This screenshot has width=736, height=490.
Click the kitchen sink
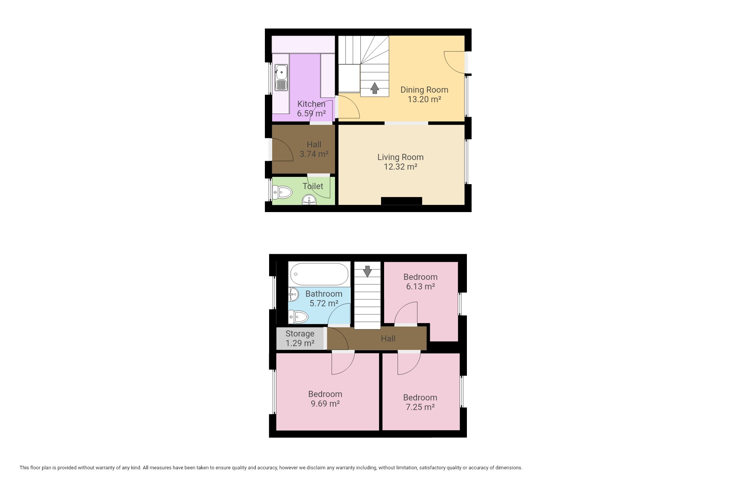281,77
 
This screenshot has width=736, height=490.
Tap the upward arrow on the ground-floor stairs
375,88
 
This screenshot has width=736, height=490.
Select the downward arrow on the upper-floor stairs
367,271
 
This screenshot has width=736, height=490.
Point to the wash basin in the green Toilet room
309,200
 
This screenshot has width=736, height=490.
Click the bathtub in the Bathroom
319,274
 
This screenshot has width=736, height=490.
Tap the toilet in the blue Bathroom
298,317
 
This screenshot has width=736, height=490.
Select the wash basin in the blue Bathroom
294,294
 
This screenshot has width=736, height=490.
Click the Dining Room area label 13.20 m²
424,100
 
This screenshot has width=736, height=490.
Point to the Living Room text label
401,157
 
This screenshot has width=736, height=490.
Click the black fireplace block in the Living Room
401,201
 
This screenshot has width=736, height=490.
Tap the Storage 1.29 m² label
300,338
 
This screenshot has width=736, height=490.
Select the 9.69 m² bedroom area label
325,403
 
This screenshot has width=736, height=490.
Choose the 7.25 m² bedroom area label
420,407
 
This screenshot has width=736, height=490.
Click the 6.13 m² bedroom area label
421,286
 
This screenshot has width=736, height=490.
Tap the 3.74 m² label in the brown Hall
314,154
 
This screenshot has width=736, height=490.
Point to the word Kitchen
311,104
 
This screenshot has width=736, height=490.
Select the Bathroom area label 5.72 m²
324,303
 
